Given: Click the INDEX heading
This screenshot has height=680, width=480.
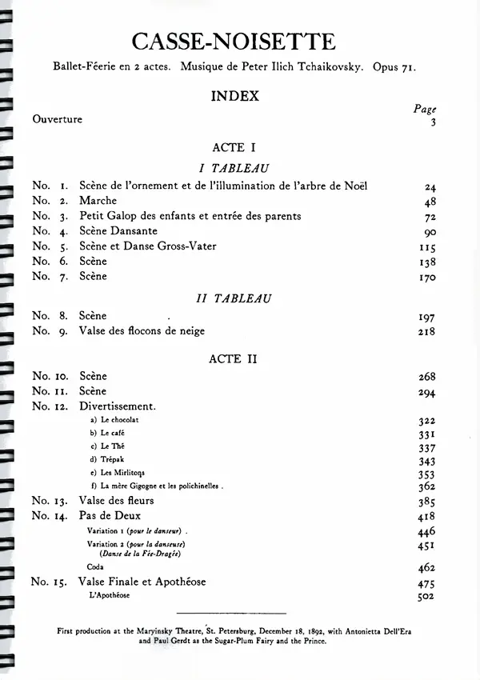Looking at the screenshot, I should (x=234, y=96).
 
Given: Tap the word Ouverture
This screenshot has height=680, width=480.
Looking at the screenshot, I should (x=58, y=119).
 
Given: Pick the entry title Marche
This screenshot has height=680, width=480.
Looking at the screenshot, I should (x=98, y=201).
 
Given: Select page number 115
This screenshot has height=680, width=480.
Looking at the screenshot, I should (x=426, y=247).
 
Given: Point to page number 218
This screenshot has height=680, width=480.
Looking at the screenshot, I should (x=426, y=331).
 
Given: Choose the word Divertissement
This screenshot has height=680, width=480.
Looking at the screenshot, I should (x=117, y=406).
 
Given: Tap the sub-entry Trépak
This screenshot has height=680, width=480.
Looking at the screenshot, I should (x=111, y=459).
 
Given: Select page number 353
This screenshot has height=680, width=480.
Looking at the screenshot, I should (x=426, y=473).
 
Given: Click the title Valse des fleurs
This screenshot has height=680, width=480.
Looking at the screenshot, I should (x=117, y=501).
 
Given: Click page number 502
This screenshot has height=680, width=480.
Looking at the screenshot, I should (x=426, y=596).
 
